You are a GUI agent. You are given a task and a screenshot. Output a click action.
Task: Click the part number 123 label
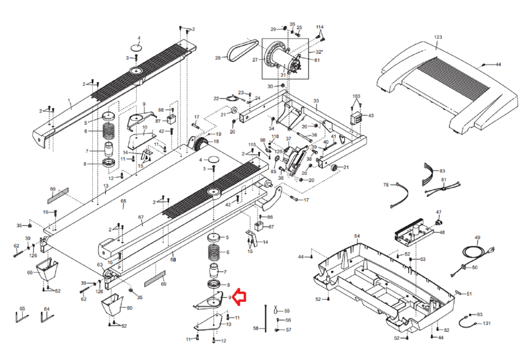click(438, 37)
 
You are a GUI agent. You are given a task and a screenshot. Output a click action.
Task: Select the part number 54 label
click(357, 236)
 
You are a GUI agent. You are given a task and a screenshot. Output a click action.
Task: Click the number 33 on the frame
click(316, 101)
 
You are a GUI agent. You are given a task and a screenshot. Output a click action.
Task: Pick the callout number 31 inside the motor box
click(283, 75)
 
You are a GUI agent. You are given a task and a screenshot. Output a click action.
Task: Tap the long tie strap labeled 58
click(266, 319)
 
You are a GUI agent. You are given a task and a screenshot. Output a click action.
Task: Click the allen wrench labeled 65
click(22, 317)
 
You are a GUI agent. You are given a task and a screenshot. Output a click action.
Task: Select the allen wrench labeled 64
click(47, 317)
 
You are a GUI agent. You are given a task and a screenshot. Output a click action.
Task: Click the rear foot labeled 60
click(112, 305)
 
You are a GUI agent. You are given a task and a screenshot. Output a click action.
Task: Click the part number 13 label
click(106, 186)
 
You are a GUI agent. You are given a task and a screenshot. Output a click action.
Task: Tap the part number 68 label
click(123, 201)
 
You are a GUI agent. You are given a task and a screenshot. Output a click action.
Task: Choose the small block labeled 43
click(356, 118)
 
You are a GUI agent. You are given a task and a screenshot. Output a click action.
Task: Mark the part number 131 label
click(487, 323)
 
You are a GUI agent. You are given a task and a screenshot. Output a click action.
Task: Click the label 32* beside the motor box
click(319, 52)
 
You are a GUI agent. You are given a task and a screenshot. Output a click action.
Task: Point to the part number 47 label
click(439, 212)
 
